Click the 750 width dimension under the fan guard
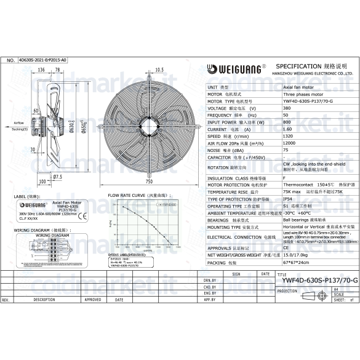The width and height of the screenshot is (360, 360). (149, 182)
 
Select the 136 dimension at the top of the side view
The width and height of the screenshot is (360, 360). (41, 70)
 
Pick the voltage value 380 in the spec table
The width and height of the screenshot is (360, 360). (287, 108)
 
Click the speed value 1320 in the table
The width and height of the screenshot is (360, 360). (288, 137)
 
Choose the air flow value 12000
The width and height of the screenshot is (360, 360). (289, 143)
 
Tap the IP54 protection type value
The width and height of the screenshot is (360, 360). (287, 199)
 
